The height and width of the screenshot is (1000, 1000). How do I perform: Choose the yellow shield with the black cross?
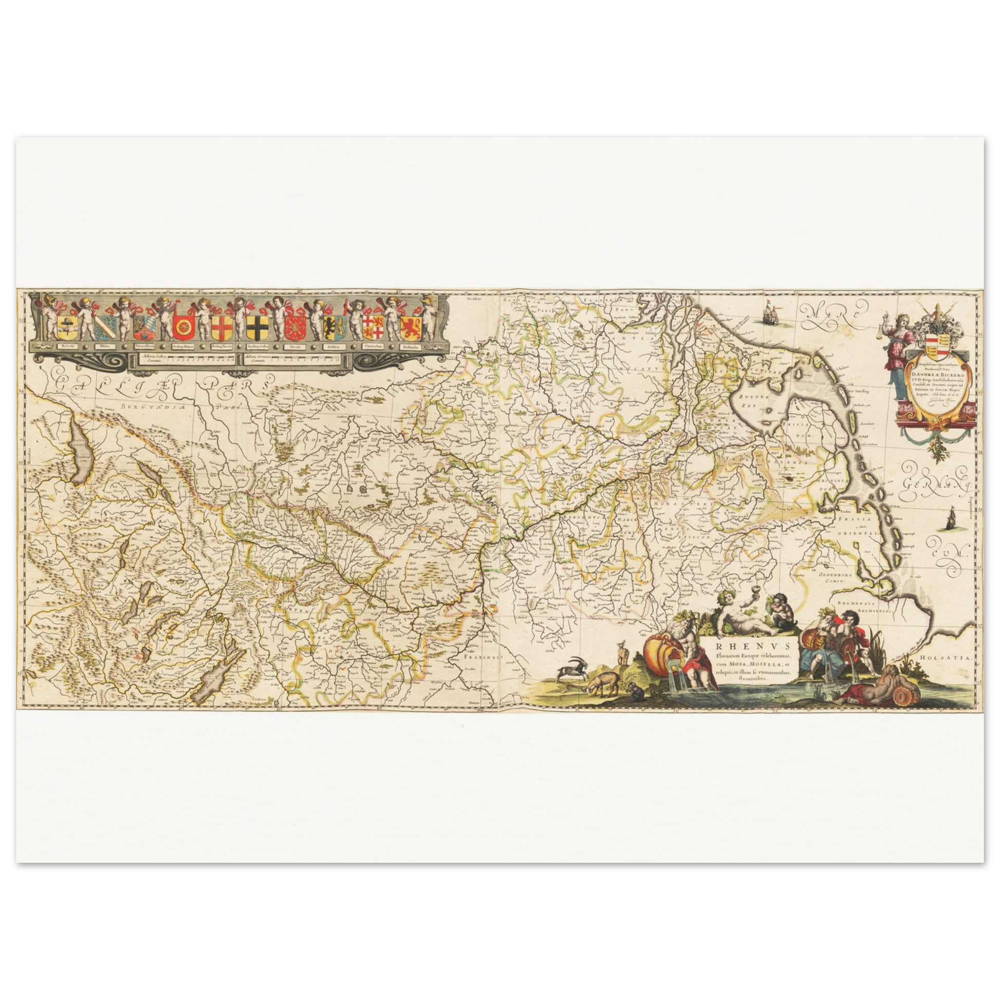pyautogui.click(x=256, y=327)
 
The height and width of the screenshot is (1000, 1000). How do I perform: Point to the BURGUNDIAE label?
pyautogui.click(x=147, y=407)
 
